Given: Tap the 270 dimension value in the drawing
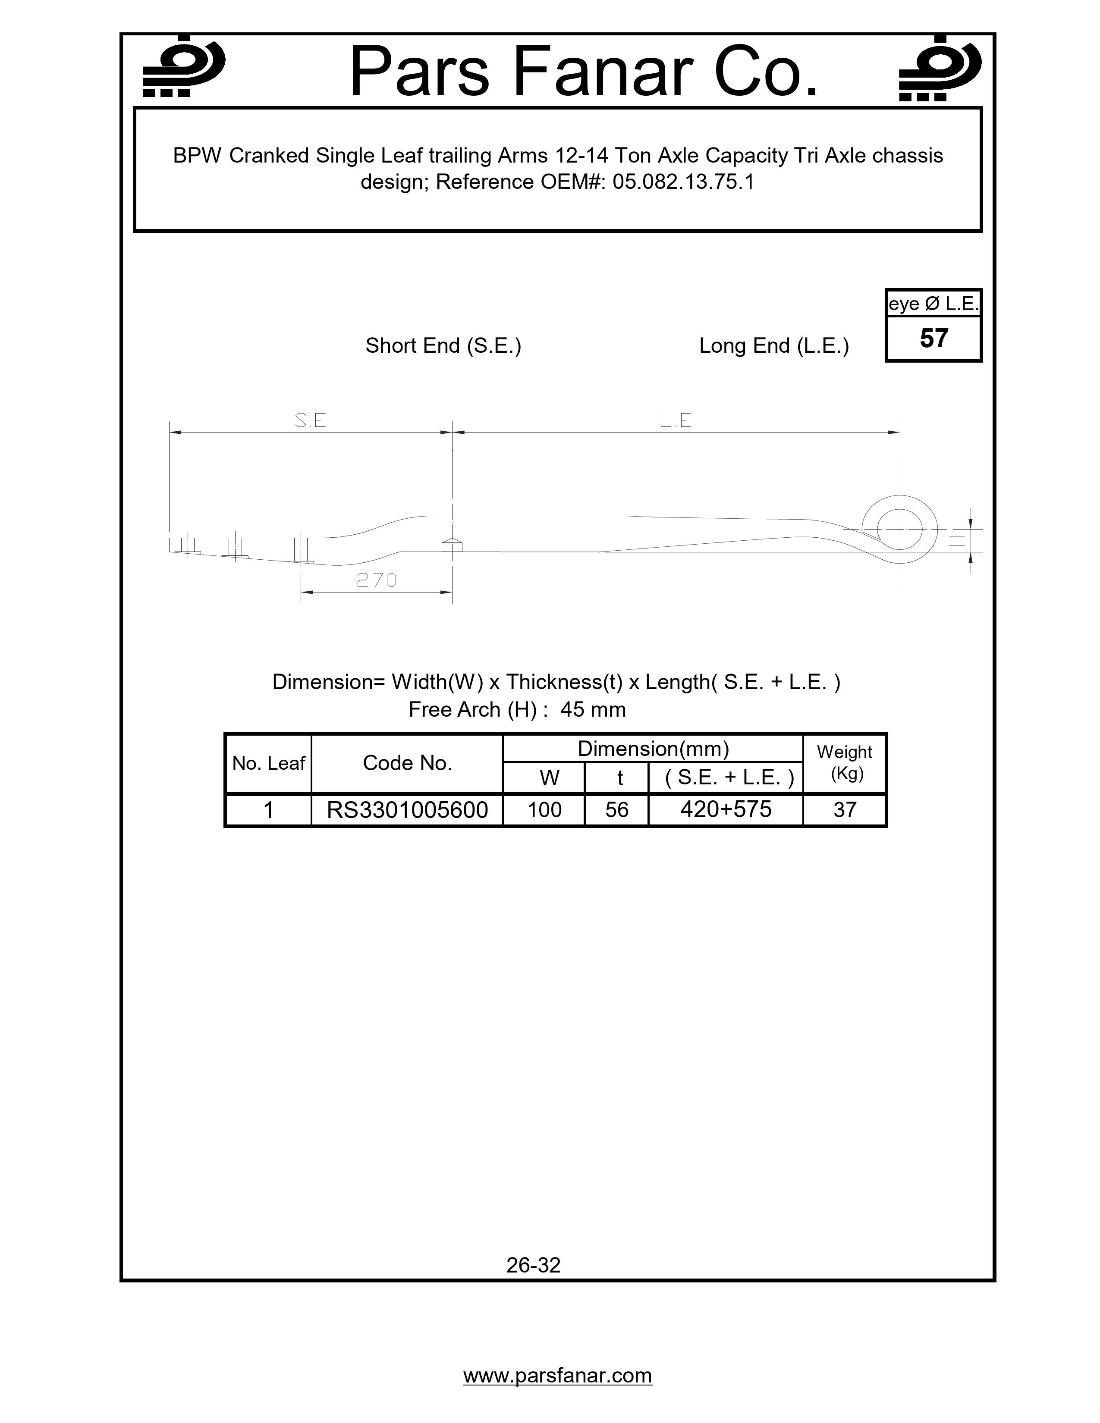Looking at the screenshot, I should (x=377, y=580).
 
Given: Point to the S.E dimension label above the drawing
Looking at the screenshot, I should (x=310, y=421).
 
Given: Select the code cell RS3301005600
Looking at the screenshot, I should (x=407, y=810).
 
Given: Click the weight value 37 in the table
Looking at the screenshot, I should (x=845, y=810).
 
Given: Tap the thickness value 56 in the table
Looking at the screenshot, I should (x=616, y=810).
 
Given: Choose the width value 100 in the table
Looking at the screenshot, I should (x=544, y=810).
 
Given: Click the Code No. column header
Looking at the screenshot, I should (x=407, y=763).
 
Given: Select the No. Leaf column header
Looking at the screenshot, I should (x=268, y=763).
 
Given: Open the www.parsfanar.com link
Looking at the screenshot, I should (x=557, y=1376).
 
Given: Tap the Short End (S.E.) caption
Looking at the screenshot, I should (x=443, y=345).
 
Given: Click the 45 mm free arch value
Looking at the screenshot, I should (x=592, y=709).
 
